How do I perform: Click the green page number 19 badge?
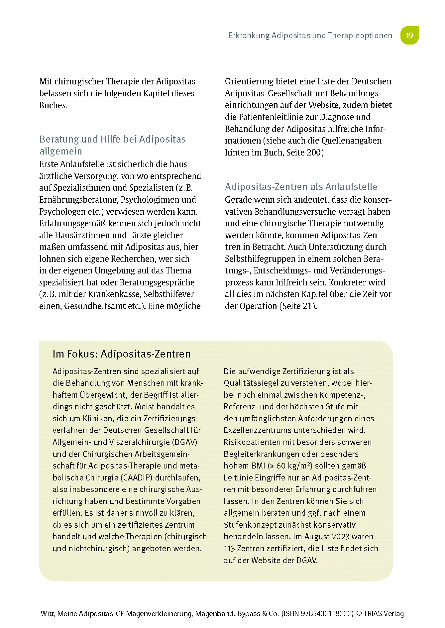tap(409, 35)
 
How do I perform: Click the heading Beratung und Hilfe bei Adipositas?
tap(112, 139)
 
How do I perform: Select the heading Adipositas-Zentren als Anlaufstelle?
tap(301, 187)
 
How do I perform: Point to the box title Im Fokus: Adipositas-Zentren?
tap(122, 354)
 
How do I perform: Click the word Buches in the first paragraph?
tap(53, 105)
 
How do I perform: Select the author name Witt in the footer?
tap(48, 614)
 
